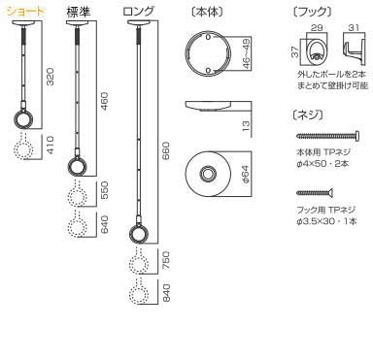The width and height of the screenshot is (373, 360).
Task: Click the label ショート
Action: point(23,13)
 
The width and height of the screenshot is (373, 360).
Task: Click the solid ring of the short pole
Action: point(22,121)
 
